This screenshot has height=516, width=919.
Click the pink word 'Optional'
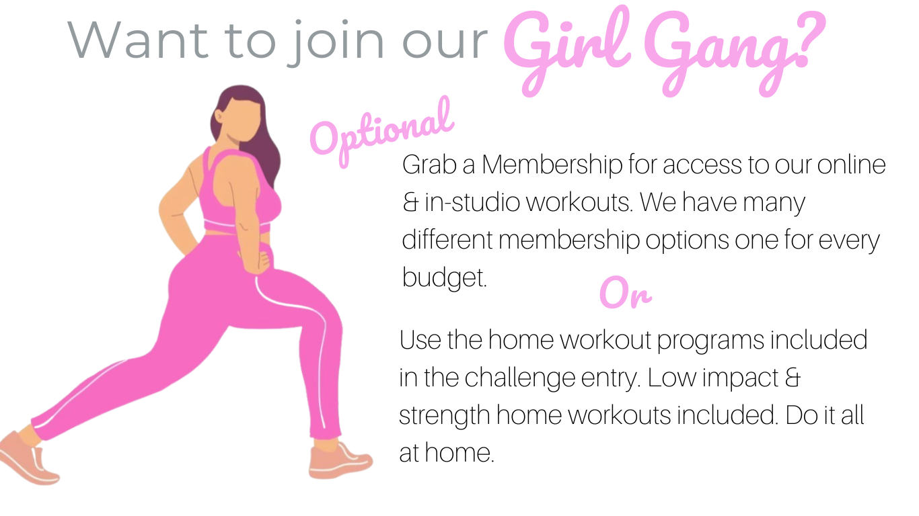click(x=381, y=131)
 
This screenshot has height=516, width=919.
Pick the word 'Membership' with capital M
click(x=552, y=165)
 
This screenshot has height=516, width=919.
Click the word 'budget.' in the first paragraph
click(x=444, y=277)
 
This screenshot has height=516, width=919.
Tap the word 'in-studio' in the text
click(x=472, y=202)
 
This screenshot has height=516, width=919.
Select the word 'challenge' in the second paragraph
click(x=519, y=378)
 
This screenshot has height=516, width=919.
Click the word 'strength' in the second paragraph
click(x=444, y=416)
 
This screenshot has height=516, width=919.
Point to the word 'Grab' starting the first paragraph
click(x=429, y=165)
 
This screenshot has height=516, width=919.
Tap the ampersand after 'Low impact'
click(x=793, y=378)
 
